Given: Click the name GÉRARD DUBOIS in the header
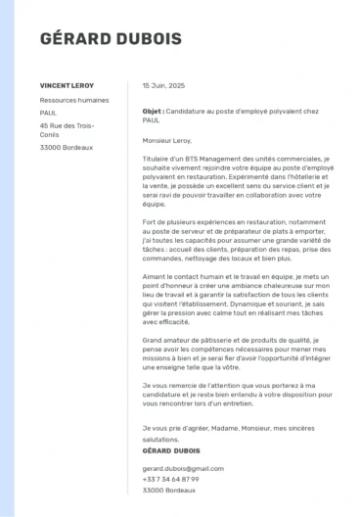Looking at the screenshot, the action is [x=97, y=39].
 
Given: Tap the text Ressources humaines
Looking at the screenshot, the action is [x=74, y=100].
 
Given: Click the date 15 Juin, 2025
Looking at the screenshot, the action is [x=162, y=86].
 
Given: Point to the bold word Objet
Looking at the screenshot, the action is [x=153, y=113].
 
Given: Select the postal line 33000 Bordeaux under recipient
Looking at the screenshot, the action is [x=67, y=148].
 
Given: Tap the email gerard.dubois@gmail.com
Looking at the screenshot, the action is [x=179, y=469].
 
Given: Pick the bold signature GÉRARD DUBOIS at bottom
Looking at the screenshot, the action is [x=168, y=450].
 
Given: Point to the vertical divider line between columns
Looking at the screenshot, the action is [x=127, y=294].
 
